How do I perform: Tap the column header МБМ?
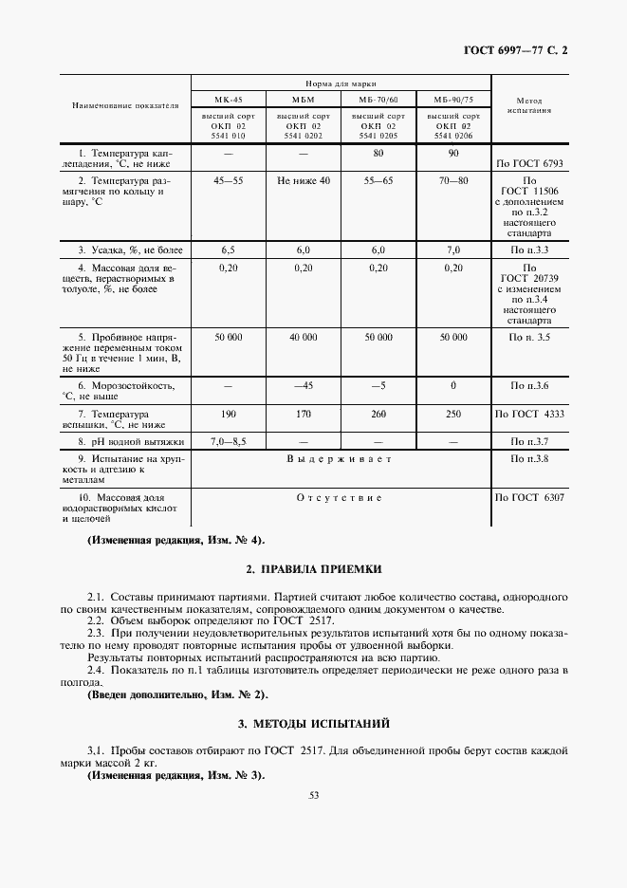303,100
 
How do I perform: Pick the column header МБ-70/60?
378,100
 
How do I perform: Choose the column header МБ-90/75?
452,100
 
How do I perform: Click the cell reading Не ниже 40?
304,180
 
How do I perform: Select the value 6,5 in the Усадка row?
228,250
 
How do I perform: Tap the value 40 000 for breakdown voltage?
304,337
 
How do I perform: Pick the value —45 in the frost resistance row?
304,386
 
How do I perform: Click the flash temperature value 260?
378,415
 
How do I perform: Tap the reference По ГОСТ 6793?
529,163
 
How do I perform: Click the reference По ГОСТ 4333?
529,415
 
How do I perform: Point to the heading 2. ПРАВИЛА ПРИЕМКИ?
313,568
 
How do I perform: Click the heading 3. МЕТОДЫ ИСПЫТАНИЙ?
313,724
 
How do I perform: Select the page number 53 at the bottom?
314,795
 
